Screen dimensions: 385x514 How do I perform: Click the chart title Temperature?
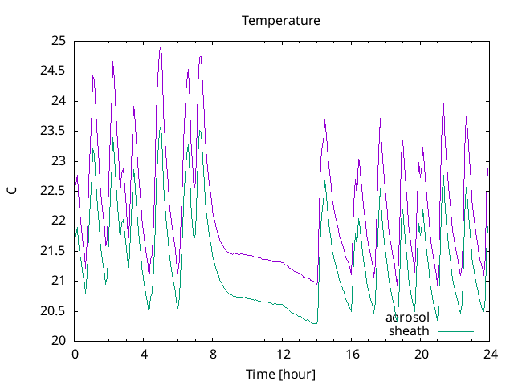[281, 20]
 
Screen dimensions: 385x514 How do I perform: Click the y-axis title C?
[11, 191]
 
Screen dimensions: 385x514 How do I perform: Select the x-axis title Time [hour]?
[281, 374]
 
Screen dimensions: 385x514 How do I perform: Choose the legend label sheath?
[409, 330]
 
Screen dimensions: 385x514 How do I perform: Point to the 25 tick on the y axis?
[57, 41]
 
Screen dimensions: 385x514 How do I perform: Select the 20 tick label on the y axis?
[57, 341]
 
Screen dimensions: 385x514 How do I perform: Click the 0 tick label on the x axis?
[75, 354]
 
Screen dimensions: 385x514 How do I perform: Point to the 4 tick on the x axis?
[144, 354]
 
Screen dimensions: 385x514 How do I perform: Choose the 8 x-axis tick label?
[213, 354]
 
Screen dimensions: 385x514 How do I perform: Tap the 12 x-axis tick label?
[282, 354]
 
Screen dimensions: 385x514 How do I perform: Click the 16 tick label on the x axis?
[351, 354]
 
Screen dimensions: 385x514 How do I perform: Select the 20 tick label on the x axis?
[420, 354]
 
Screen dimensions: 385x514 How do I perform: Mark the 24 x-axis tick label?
[489, 354]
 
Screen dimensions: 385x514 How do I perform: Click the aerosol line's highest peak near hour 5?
[161, 45]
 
